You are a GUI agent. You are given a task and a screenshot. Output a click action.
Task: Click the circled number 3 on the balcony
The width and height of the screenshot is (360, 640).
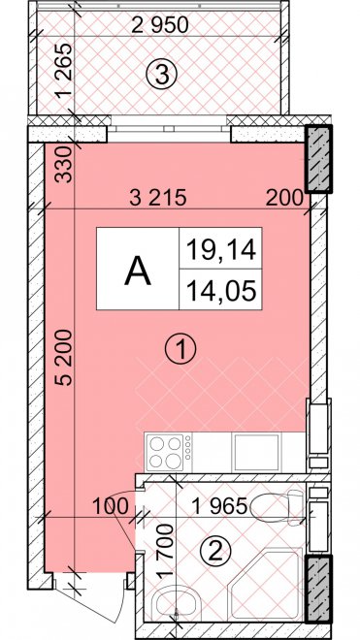[x=162, y=75]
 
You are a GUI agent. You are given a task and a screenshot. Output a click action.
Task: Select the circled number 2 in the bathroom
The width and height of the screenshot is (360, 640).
[x=215, y=553]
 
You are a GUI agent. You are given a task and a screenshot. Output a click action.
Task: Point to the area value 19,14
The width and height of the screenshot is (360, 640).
[x=221, y=249]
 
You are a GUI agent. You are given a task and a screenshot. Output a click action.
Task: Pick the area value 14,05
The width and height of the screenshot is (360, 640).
[x=221, y=291]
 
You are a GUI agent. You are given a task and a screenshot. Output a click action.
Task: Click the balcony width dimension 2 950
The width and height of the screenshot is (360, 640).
[x=160, y=25]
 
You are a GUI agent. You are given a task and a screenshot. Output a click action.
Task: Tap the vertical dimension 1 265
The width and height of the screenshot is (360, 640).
[x=65, y=70]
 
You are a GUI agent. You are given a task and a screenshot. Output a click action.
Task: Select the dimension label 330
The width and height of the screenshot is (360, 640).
[x=65, y=165]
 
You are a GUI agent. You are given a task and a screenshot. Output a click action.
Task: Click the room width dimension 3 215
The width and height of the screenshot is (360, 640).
[x=158, y=198]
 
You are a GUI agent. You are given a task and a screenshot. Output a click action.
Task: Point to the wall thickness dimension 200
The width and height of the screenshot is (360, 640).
[x=284, y=199]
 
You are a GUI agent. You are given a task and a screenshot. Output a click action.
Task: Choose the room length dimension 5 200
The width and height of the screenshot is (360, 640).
[x=65, y=358]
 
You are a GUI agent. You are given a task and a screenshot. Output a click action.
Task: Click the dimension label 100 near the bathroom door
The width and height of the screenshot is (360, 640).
[x=111, y=506]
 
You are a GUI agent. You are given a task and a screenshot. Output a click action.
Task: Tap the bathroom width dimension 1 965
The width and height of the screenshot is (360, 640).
[x=219, y=506]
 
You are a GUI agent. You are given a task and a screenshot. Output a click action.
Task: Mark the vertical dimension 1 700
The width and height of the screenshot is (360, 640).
[x=167, y=552]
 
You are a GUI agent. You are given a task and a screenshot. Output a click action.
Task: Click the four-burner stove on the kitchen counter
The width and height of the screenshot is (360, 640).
[x=168, y=453]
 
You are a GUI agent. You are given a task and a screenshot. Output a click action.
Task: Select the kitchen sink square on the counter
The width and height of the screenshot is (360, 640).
[x=256, y=453]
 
